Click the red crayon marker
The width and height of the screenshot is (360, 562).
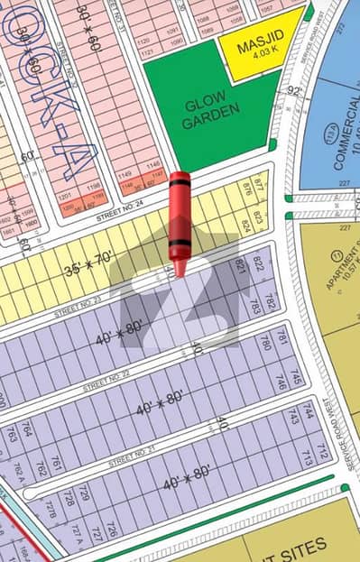pos(180,221)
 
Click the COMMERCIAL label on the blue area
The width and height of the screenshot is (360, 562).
pos(341,144)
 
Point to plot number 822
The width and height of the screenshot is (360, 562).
pos(260,263)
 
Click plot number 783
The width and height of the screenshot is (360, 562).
pos(255,308)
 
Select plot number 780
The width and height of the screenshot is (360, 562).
pos(265,342)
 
